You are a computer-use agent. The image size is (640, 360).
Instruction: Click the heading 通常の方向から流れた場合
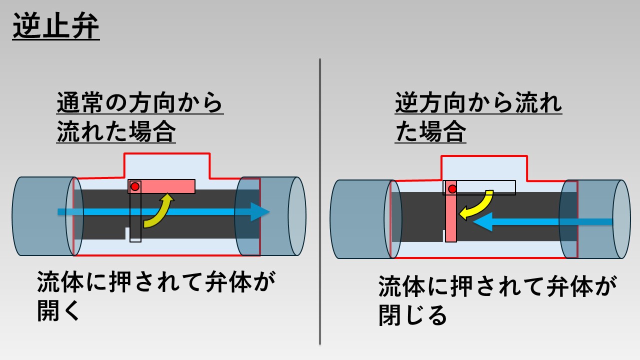coord(139,118)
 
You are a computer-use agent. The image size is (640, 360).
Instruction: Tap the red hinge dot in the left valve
coord(134,186)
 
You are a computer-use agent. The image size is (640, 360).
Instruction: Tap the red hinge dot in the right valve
coord(452,188)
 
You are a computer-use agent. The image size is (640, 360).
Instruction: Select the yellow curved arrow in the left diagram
coord(159,212)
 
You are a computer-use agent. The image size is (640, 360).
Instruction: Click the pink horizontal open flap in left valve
coord(167,186)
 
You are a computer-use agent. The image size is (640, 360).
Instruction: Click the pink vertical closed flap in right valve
coord(451,217)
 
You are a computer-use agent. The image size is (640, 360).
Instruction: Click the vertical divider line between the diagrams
coord(320,200)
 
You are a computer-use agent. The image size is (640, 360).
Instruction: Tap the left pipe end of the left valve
coord(42,216)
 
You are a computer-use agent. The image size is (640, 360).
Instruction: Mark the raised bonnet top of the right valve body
coord(484,167)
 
